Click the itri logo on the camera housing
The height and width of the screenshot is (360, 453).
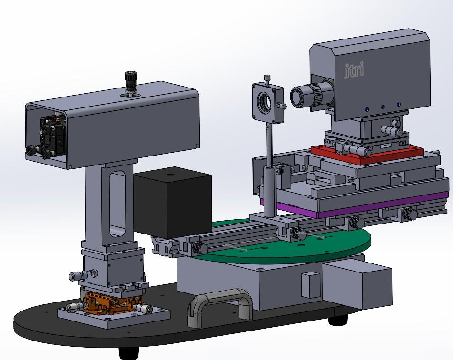tap(354, 70)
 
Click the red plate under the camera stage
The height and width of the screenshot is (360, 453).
tap(367, 154)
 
